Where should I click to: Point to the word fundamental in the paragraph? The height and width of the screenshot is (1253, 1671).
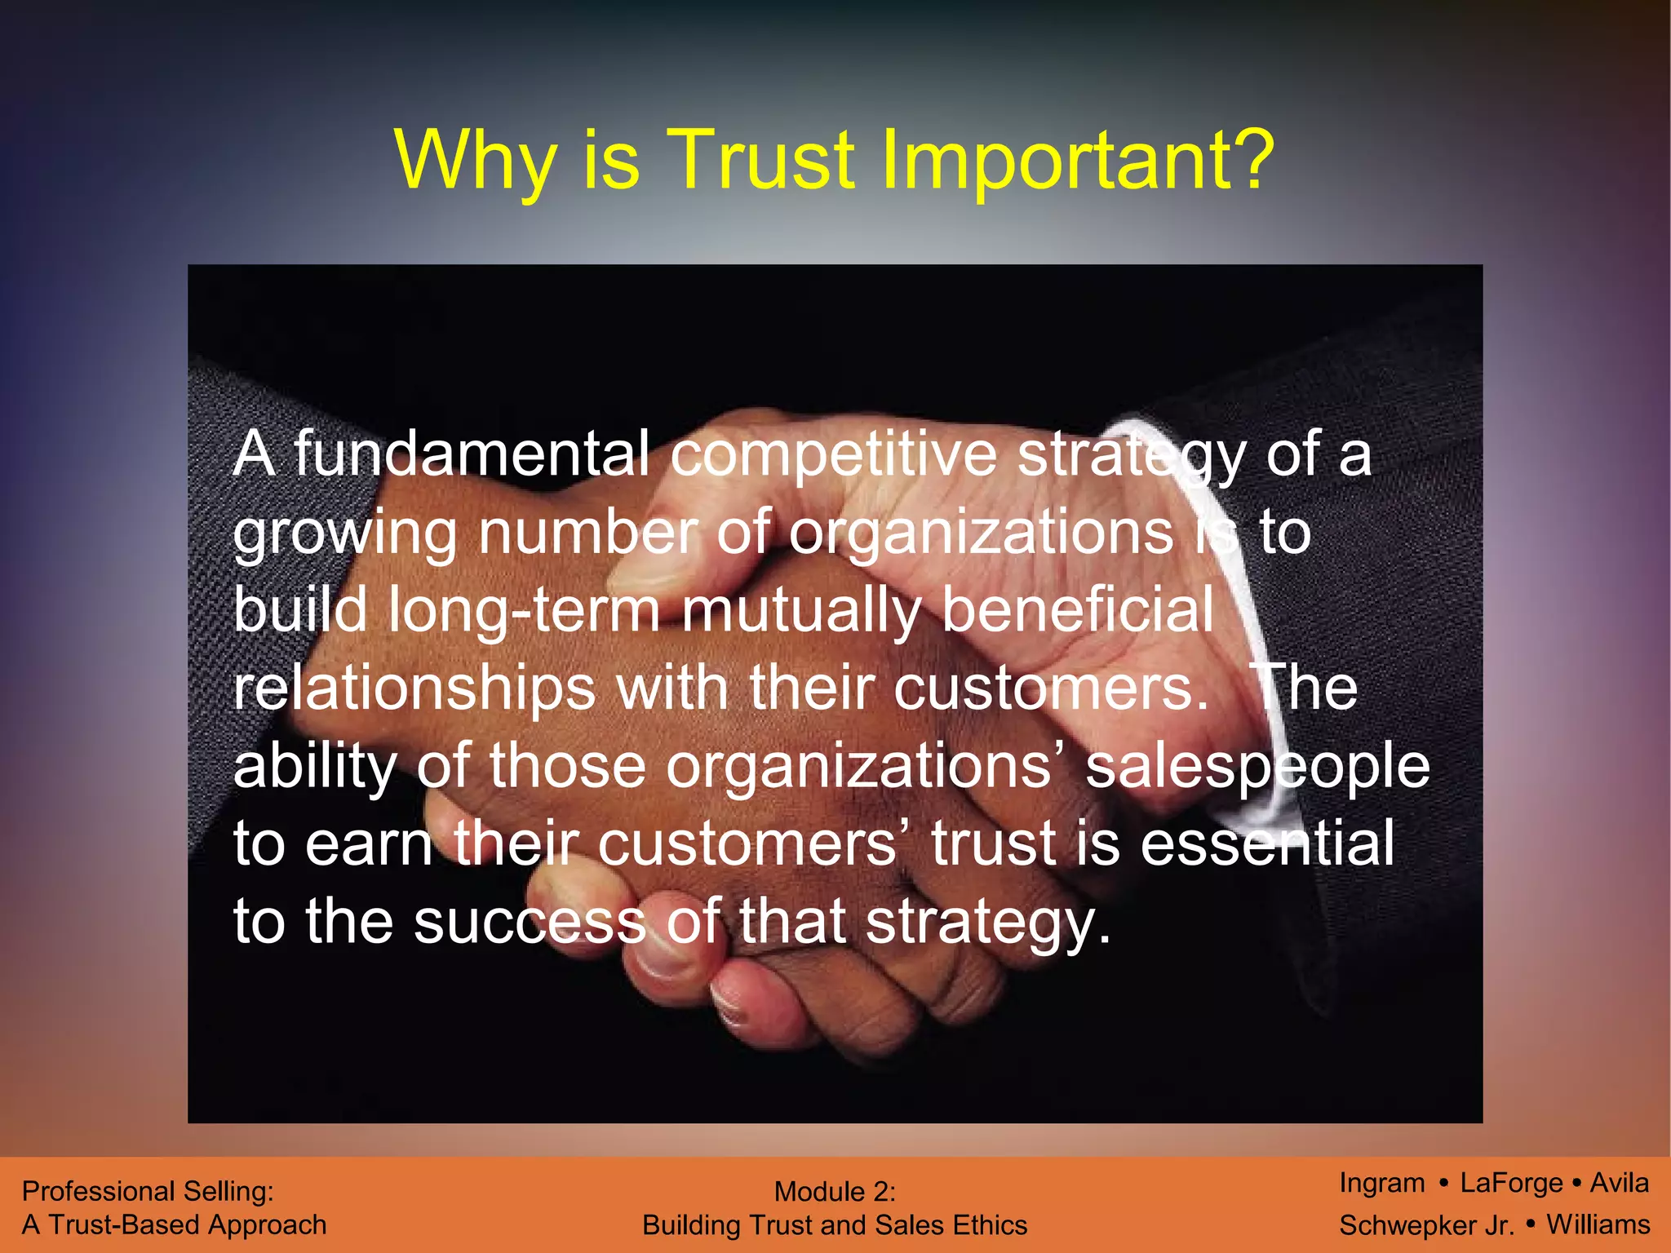tap(472, 454)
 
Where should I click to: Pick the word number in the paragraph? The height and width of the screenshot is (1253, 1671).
tap(587, 533)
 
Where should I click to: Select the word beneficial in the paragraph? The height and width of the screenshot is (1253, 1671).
tap(1078, 609)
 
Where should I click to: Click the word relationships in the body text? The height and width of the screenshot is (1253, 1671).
tap(414, 689)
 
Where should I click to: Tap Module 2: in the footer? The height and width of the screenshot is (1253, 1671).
tap(835, 1192)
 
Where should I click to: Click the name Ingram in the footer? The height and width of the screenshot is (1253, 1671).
tap(1382, 1183)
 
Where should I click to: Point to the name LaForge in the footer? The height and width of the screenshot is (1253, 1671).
tap(1511, 1183)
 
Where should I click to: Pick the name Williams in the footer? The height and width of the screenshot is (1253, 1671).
tap(1598, 1224)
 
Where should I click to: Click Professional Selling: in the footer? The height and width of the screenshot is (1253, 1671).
tap(148, 1191)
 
